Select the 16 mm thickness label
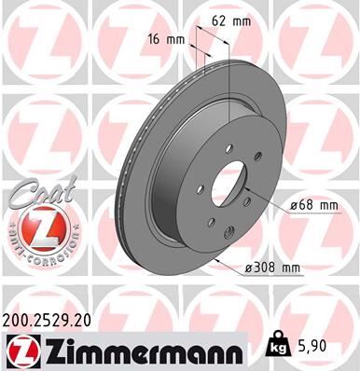click(x=164, y=40)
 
